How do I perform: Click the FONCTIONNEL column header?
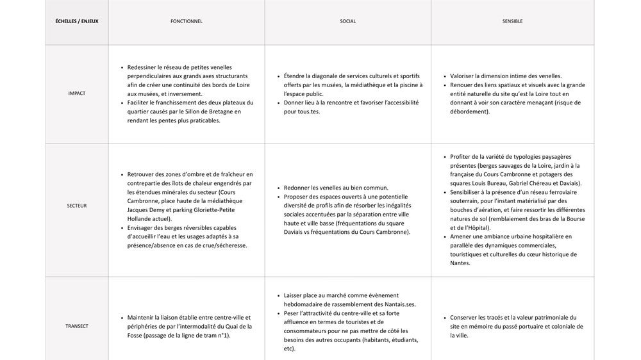(x=186, y=21)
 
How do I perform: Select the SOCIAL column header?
(x=347, y=21)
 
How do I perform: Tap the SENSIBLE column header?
(x=512, y=21)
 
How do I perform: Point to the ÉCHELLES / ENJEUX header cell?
(x=76, y=21)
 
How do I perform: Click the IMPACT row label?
(x=76, y=94)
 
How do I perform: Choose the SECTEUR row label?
(x=76, y=206)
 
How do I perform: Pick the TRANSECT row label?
(x=76, y=326)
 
